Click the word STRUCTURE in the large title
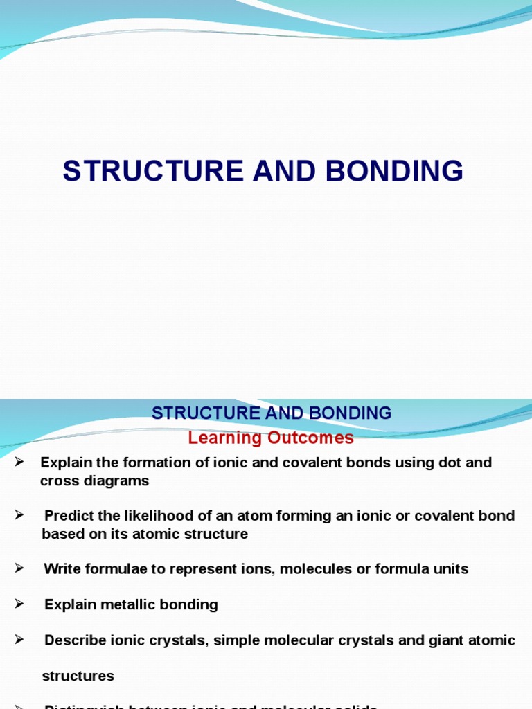[154, 171]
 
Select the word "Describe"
[75, 640]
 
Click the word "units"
[450, 569]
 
